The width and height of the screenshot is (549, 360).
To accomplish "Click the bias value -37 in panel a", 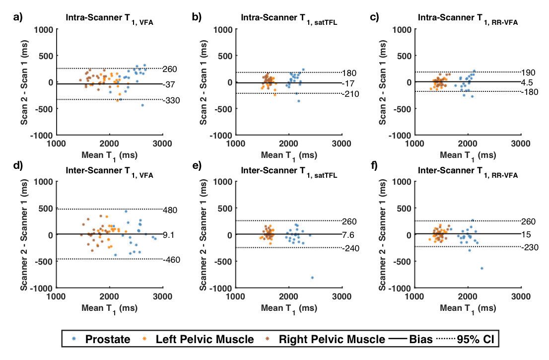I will [169, 84].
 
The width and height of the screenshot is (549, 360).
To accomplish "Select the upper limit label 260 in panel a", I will [170, 69].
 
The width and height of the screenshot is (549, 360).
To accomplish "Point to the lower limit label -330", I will [171, 100].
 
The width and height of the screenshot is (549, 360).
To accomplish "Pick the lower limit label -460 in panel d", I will [171, 259].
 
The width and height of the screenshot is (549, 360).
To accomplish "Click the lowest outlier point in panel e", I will [313, 278].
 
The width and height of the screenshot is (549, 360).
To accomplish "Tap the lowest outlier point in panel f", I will [481, 268].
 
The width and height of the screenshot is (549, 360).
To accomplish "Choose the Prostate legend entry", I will [102, 340].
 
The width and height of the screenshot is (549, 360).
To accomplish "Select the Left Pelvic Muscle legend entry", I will [199, 340].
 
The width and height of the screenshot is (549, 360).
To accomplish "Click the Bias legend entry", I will [410, 340].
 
